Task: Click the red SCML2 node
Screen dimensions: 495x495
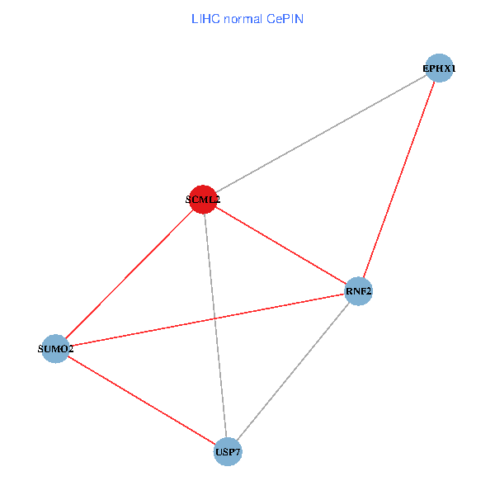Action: (203, 200)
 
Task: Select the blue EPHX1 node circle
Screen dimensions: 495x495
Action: (439, 68)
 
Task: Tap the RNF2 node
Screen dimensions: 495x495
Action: (358, 291)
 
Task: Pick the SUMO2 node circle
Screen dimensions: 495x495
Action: (55, 349)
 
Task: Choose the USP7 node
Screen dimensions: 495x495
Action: (228, 452)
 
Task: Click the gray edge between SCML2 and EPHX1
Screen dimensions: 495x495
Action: (321, 134)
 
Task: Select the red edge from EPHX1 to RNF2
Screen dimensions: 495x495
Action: (398, 180)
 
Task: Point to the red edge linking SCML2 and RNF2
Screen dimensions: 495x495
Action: (280, 245)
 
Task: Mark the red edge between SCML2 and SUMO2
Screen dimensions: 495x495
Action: (129, 275)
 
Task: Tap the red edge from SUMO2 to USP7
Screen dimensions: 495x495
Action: (141, 400)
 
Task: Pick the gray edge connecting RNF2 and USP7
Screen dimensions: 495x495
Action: (293, 371)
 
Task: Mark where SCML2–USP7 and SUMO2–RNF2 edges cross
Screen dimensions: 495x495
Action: (214, 318)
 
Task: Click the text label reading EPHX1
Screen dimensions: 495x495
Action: (439, 68)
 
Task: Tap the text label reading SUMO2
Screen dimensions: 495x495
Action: (55, 349)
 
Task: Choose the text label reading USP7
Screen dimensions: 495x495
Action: (228, 452)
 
